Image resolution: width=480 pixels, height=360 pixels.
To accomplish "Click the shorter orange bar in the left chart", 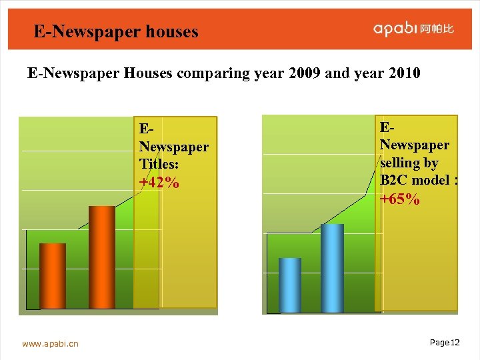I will coord(53,276).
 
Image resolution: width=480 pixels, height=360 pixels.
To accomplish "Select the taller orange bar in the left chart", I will coord(102,257).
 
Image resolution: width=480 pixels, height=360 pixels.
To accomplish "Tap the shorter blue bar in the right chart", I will coord(290,285).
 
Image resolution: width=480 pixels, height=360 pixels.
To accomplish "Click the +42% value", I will coord(159,183).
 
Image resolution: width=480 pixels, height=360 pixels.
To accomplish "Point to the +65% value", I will coord(400,199).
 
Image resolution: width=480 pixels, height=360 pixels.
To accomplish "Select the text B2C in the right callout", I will coord(393,180).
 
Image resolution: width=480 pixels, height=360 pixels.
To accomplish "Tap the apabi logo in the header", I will coord(395,29).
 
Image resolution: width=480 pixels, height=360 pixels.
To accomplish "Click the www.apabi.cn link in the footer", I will coord(50,344).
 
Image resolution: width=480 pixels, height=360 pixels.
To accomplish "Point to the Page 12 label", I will coord(445,343).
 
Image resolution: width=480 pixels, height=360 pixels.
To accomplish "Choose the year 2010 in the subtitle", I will coord(402,73).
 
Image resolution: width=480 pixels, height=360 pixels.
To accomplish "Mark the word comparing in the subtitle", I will coord(219,73).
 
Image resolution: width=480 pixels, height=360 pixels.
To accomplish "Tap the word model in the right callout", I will coord(430,180).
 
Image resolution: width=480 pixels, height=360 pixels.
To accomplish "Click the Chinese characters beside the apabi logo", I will coord(437,29).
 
